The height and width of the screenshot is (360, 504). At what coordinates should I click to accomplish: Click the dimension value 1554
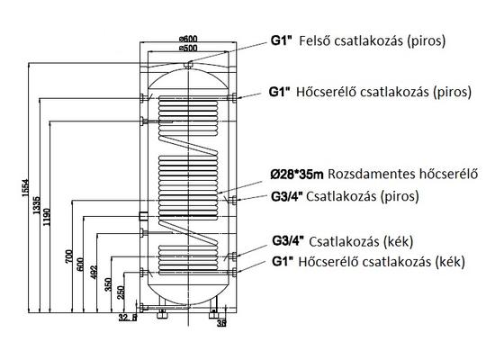(26, 188)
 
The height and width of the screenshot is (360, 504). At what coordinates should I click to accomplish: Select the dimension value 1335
(37, 205)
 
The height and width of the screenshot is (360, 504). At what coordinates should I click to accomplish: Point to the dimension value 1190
(47, 217)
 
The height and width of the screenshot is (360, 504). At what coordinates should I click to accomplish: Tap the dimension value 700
(69, 256)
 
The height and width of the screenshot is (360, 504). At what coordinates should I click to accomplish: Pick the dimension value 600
(80, 265)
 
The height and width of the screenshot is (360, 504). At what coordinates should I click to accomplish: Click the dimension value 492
(94, 272)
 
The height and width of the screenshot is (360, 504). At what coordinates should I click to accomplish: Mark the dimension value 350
(108, 284)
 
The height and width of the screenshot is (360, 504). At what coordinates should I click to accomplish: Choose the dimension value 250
(121, 292)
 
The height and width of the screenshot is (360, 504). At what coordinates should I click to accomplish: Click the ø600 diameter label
(188, 39)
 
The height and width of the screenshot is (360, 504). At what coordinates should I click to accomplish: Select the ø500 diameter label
(188, 49)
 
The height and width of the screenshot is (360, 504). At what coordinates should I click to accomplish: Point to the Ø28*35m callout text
(297, 175)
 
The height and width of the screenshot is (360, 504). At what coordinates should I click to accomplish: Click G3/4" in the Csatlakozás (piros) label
(287, 196)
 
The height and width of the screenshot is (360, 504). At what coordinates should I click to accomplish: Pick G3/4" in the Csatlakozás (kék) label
(288, 241)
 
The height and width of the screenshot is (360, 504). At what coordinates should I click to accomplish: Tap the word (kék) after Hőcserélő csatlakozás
(450, 262)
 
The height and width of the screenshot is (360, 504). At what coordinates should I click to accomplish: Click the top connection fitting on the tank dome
(188, 65)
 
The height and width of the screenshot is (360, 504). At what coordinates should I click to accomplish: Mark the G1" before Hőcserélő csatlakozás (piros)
(280, 92)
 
